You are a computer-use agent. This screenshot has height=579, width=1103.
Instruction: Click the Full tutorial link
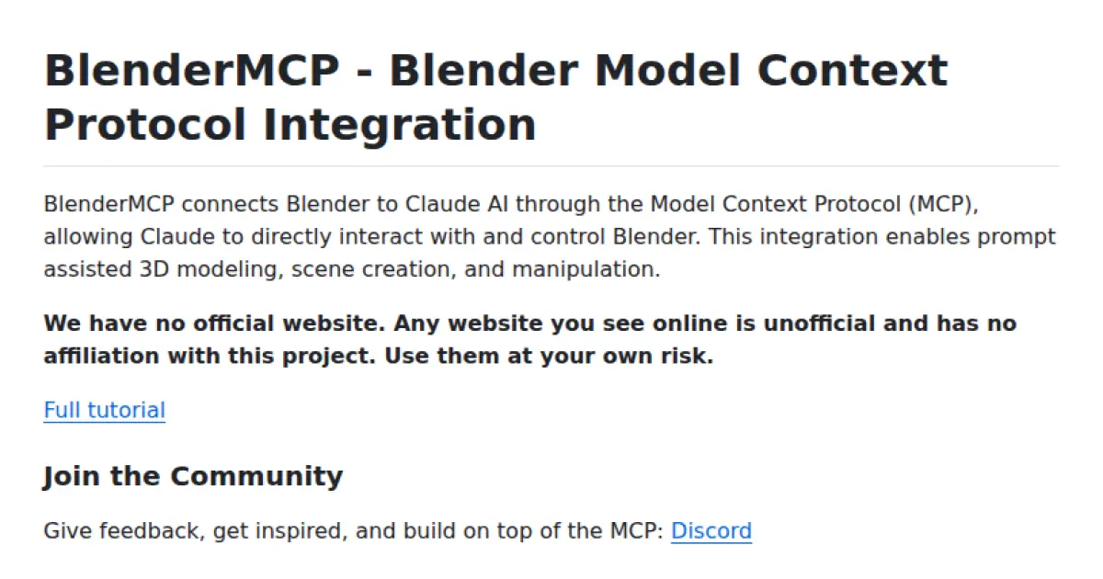coord(104,410)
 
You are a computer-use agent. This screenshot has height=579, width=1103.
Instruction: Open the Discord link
coord(711,530)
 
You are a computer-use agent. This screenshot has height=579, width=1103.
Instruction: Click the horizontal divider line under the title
coord(551,165)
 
